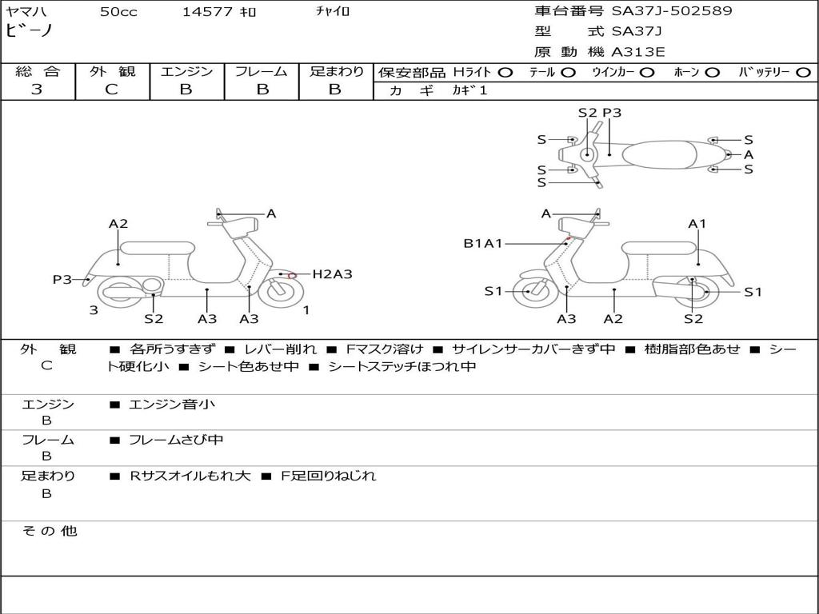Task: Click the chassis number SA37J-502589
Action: [x=672, y=11]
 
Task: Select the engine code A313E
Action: [x=638, y=52]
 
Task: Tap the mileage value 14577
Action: [x=207, y=11]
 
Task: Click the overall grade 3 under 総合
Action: [x=37, y=90]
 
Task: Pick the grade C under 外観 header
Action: [x=111, y=90]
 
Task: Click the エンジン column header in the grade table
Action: [x=186, y=71]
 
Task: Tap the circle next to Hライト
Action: [x=505, y=73]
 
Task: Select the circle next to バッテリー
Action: [x=803, y=73]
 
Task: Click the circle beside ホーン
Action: [x=712, y=73]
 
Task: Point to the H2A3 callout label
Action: [x=332, y=274]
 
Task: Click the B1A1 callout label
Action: [x=482, y=243]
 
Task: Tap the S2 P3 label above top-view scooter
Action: [x=600, y=113]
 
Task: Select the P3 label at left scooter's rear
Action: [x=62, y=280]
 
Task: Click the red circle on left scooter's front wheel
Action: [x=292, y=275]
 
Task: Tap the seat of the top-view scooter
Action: [x=659, y=155]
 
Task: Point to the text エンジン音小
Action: [x=171, y=404]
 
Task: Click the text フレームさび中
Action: [x=176, y=441]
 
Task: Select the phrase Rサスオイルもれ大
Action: [x=190, y=476]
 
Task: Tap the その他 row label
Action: [x=49, y=531]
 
